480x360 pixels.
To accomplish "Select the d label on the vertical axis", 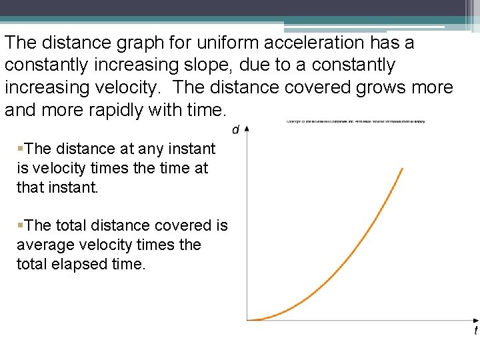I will [x=235, y=129].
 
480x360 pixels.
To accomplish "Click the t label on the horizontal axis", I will [x=475, y=331].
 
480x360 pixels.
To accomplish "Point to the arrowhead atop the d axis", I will [x=247, y=127].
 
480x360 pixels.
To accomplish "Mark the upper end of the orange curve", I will [x=403, y=169].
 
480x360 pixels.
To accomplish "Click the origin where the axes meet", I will [x=247, y=321].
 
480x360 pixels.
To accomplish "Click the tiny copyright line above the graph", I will [x=355, y=121].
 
